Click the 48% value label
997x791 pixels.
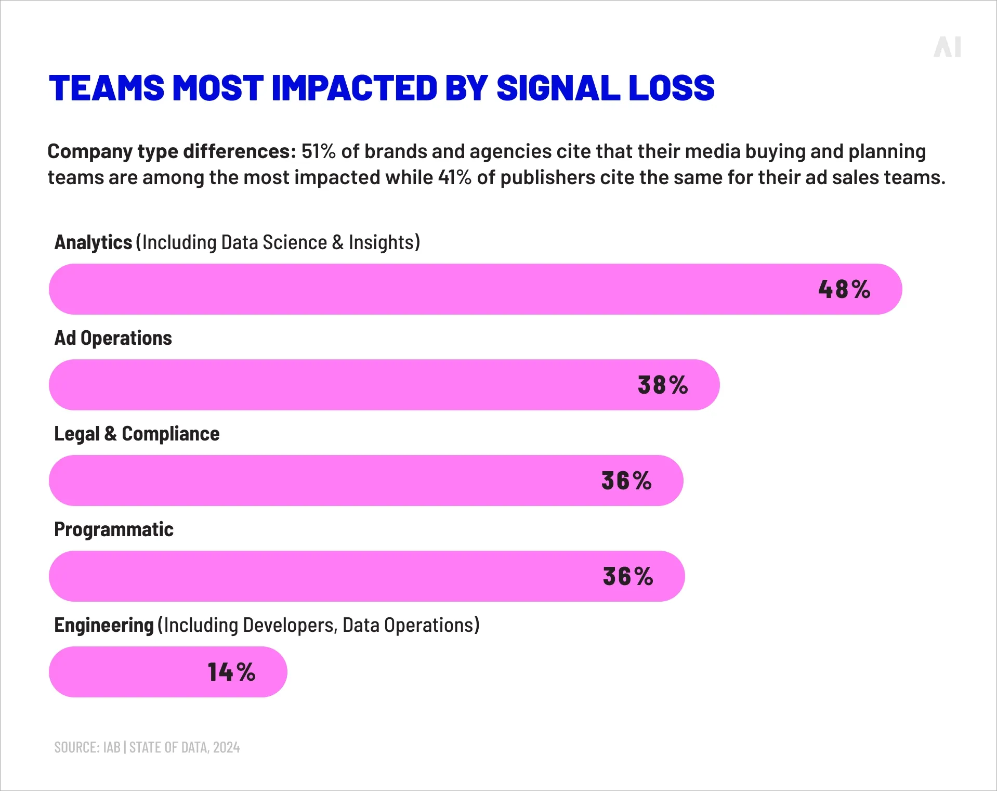click(844, 289)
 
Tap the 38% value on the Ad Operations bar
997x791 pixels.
click(662, 385)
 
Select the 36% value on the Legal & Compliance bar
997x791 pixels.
click(626, 481)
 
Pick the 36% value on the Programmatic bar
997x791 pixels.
click(628, 576)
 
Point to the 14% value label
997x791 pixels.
click(231, 672)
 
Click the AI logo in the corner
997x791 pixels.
click(947, 47)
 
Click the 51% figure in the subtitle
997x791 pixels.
click(318, 151)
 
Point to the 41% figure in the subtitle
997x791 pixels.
click(454, 177)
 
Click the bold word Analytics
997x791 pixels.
click(93, 242)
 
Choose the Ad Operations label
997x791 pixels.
click(113, 338)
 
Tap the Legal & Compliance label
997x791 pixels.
click(137, 434)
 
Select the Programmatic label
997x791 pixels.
click(113, 529)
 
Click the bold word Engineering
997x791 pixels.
click(104, 625)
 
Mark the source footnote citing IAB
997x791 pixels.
click(147, 747)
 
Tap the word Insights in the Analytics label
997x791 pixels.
click(382, 242)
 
